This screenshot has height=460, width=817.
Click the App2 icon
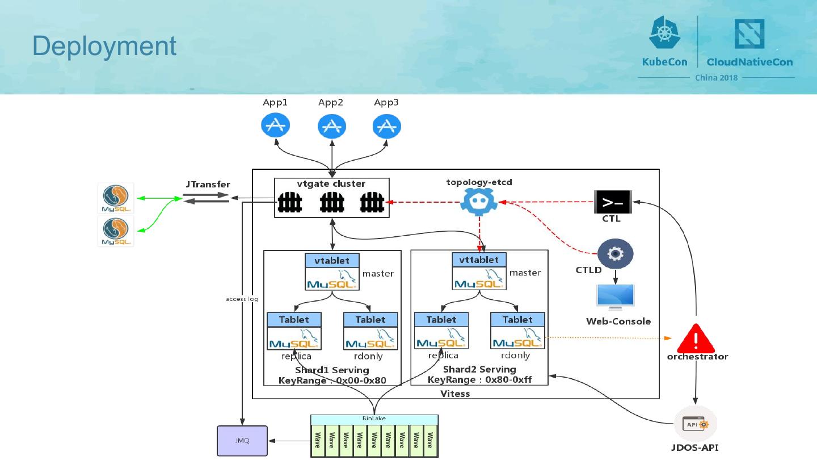click(331, 126)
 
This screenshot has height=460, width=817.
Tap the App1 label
click(275, 103)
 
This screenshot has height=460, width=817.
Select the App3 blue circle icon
click(386, 126)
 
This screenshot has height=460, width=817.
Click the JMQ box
click(242, 441)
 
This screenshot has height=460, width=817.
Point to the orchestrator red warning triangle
click(697, 339)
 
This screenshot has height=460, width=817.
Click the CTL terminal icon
click(612, 202)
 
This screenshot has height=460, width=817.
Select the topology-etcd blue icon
click(479, 202)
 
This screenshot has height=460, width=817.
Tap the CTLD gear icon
click(616, 253)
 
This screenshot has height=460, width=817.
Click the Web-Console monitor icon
click(616, 296)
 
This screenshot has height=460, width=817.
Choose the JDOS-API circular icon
click(696, 424)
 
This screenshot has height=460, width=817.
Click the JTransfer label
click(208, 185)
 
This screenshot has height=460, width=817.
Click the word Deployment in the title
click(104, 46)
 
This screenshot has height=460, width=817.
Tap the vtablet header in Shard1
click(332, 260)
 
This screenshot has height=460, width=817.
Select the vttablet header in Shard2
click(479, 260)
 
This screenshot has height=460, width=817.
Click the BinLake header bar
click(374, 419)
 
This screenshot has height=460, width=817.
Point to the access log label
click(242, 299)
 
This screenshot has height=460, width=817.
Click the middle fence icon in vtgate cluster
click(332, 203)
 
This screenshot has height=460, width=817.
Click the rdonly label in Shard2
click(515, 356)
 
